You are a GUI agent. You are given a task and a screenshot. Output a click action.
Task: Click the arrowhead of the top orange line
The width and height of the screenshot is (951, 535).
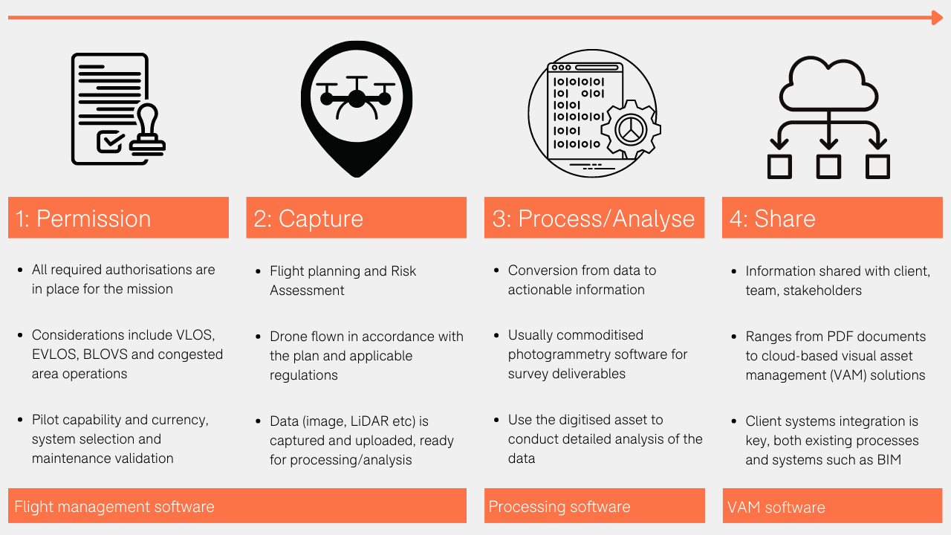(x=937, y=18)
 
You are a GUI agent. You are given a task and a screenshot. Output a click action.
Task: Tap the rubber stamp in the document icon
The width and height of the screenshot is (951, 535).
(x=147, y=132)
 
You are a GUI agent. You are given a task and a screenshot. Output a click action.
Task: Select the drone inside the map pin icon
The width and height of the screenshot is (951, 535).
(x=356, y=97)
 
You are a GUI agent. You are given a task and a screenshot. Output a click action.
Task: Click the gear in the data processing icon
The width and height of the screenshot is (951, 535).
(x=629, y=130)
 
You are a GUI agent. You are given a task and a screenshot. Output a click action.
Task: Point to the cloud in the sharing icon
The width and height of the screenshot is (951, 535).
(x=828, y=83)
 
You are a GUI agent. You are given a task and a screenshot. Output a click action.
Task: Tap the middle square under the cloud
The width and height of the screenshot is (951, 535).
(x=828, y=166)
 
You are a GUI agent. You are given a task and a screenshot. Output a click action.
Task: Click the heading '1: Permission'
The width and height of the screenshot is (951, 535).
(x=83, y=218)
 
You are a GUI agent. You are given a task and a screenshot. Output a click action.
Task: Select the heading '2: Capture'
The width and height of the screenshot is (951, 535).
(x=308, y=218)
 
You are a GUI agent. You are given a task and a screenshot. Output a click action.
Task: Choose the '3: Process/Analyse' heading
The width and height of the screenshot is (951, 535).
(x=593, y=218)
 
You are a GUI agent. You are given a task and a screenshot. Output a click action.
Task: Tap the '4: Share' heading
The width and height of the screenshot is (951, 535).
(x=772, y=218)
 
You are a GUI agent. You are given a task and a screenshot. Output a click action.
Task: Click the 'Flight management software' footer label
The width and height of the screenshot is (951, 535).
(x=114, y=507)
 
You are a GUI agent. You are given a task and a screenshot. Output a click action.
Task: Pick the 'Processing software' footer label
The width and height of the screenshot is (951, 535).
(x=559, y=507)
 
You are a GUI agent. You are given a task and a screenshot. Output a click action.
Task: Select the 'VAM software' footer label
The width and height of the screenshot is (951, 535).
(x=776, y=508)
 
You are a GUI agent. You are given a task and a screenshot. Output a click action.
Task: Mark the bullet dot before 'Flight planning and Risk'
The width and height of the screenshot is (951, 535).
(x=257, y=272)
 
